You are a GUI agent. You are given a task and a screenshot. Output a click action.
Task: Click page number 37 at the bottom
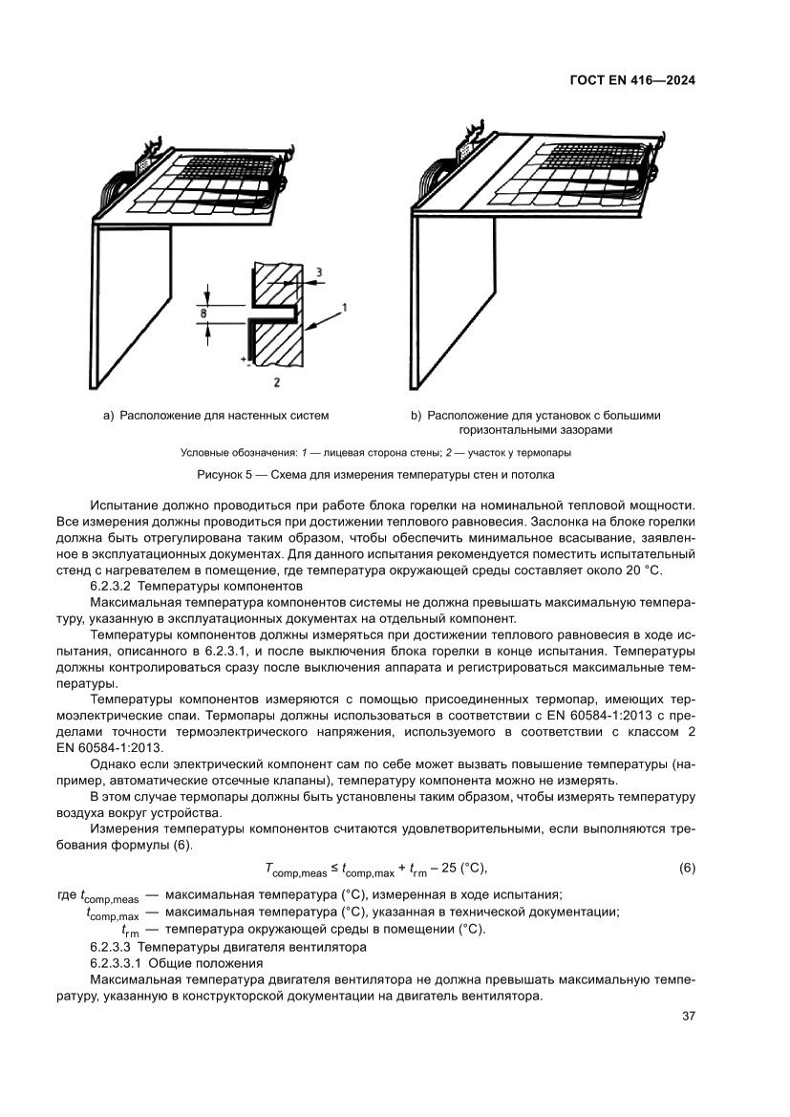tap(686, 1016)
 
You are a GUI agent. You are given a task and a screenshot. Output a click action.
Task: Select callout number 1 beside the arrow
tap(344, 308)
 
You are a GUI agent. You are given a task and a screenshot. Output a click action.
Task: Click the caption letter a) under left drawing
tap(108, 416)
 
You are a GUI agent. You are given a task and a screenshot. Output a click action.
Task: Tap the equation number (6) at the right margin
tap(686, 868)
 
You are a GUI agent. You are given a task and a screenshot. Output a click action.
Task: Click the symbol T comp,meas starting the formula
tap(295, 869)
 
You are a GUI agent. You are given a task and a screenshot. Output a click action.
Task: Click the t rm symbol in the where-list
tap(130, 930)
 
